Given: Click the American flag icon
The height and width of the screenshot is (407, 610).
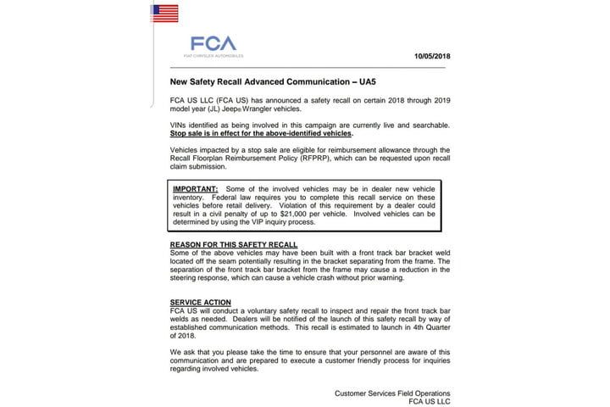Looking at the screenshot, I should pyautogui.click(x=164, y=13).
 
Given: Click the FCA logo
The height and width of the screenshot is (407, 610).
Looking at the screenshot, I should pyautogui.click(x=213, y=42).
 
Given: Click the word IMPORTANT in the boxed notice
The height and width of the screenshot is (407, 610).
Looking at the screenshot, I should pyautogui.click(x=194, y=188).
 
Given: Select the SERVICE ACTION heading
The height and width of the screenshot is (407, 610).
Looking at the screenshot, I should pyautogui.click(x=201, y=303).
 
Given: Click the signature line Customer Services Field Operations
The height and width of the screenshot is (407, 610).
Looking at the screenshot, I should pyautogui.click(x=392, y=393).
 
